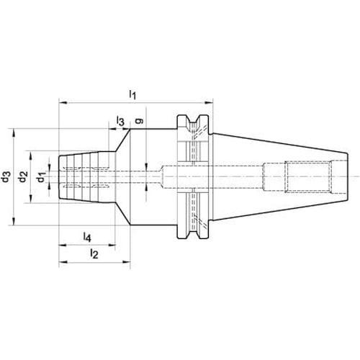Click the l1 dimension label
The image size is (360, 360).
132,94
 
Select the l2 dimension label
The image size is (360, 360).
94,253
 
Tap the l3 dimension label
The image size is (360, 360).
120,121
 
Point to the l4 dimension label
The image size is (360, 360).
87,237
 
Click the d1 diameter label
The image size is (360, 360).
41,177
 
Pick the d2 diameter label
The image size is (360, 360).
23,176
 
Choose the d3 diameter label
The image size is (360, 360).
6,176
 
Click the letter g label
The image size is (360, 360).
139,121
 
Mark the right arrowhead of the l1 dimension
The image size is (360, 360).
209,103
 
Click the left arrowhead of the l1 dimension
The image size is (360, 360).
63,103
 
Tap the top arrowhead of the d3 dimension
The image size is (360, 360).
14,133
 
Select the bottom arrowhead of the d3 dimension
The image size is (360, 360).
14,221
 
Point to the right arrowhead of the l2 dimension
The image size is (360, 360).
126,262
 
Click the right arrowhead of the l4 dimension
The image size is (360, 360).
112,245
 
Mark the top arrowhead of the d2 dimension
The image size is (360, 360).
30,156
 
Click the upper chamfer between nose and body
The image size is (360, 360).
122,140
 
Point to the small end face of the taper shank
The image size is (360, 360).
348,177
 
